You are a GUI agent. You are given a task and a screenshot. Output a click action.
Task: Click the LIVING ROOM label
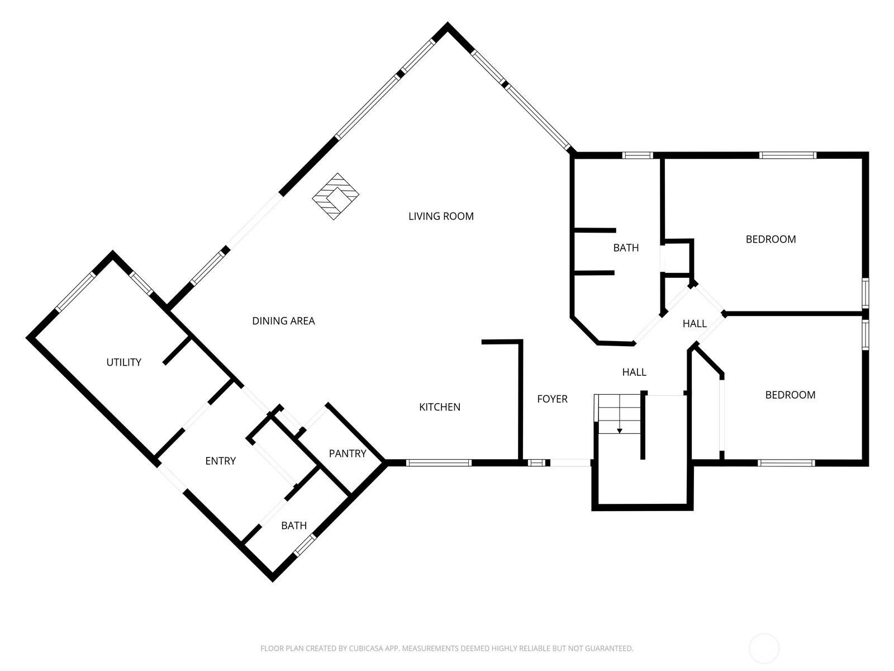[x=441, y=216]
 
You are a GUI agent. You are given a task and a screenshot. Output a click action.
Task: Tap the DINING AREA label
[x=283, y=321]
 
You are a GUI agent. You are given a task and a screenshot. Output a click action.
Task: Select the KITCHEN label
[x=440, y=407]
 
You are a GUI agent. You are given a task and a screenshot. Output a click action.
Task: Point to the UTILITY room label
[x=123, y=362]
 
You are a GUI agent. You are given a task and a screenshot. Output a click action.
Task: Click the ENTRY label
[x=220, y=461]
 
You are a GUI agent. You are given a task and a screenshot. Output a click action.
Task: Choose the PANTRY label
[x=347, y=453]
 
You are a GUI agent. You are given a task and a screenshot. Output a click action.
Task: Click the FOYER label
[x=552, y=399]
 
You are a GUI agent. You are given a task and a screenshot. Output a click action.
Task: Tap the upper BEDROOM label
[x=771, y=239]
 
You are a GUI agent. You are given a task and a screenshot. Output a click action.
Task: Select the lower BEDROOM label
[x=790, y=395]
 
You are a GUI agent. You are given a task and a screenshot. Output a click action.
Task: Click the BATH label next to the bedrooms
[x=626, y=248]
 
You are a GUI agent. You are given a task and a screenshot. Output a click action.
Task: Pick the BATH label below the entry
[x=294, y=526]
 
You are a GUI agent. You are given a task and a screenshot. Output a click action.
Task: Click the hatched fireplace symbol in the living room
[x=335, y=196]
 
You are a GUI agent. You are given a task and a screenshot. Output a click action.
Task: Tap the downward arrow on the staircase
[x=619, y=430]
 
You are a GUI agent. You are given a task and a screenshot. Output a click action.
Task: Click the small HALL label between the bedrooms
[x=695, y=324]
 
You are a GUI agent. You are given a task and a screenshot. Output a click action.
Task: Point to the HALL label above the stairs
[x=634, y=372]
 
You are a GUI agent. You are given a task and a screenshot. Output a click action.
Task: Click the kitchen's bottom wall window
[x=439, y=462]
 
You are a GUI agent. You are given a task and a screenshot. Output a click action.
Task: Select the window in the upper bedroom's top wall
[x=787, y=155]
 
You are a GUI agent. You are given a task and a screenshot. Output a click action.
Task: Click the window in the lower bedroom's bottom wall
[x=786, y=462]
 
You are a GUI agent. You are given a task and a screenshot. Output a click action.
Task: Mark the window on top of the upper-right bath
[x=638, y=155]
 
